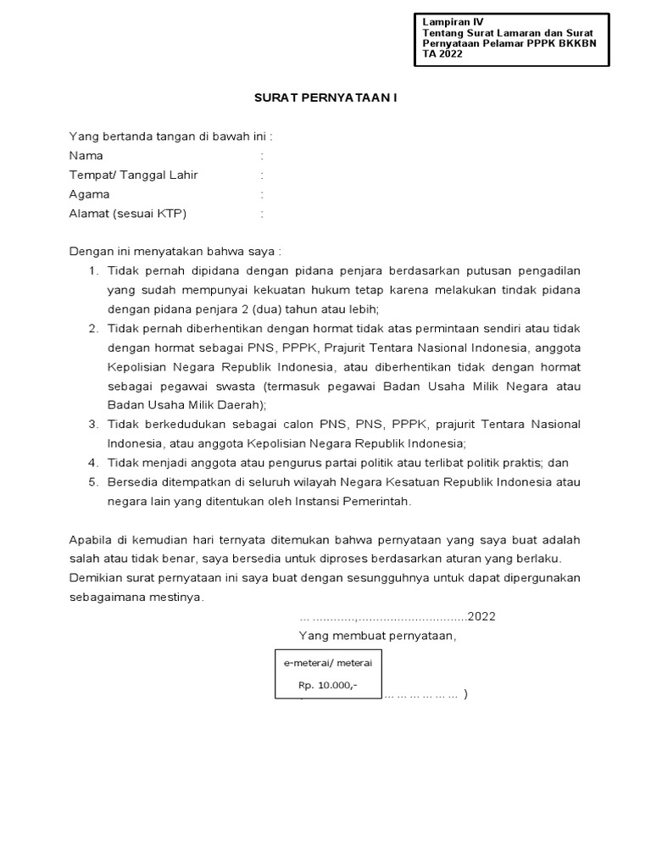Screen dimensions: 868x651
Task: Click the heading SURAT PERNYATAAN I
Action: click(325, 97)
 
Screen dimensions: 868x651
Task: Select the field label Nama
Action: click(86, 156)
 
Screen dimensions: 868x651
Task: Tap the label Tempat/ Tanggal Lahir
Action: click(133, 175)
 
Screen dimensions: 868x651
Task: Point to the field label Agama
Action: click(89, 194)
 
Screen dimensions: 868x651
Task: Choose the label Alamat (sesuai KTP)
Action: click(127, 214)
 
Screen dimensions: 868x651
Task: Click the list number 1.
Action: click(92, 270)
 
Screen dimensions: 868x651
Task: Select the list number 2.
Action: click(92, 328)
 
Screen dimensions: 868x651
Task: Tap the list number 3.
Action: click(92, 424)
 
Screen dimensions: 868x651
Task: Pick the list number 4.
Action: click(92, 463)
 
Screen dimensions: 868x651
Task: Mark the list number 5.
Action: click(92, 482)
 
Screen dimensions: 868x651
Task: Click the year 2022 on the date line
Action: click(481, 616)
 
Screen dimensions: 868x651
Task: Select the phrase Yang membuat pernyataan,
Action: click(377, 636)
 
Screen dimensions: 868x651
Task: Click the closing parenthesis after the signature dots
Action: click(465, 694)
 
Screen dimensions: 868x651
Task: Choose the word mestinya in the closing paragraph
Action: click(177, 597)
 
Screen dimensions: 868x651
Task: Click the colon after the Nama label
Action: click(263, 156)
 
